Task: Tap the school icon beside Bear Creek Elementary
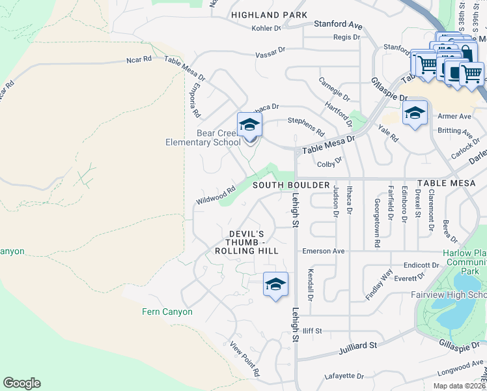pos(249,124)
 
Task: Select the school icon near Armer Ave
pos(415,113)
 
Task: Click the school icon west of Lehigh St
pos(275,284)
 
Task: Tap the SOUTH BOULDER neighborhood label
pos(291,185)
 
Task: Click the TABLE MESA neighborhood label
pos(446,184)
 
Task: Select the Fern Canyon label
pos(167,311)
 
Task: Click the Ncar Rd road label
pos(139,59)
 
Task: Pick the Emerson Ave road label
pos(323,251)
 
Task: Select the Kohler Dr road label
pos(266,29)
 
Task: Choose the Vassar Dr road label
pos(270,50)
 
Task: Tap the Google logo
pos(21,383)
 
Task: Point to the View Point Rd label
pos(245,358)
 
